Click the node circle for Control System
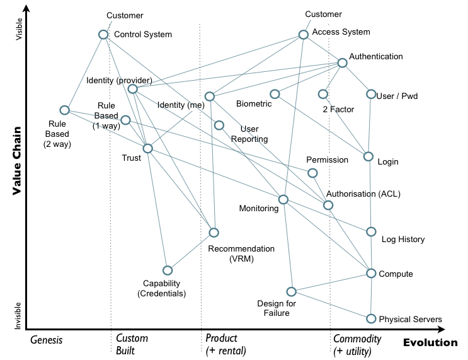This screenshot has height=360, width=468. (x=103, y=35)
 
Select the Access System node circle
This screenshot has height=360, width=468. (x=303, y=35)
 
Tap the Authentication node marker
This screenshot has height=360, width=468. (x=342, y=62)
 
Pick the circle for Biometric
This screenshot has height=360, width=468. (x=275, y=94)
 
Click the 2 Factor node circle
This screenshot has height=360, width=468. (x=322, y=94)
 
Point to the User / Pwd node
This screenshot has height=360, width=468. (x=371, y=95)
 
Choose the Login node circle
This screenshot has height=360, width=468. (x=369, y=156)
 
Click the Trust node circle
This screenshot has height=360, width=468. (x=147, y=149)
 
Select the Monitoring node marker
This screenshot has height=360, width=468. (x=283, y=199)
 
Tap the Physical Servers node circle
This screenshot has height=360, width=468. (x=372, y=318)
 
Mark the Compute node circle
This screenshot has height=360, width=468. (x=372, y=273)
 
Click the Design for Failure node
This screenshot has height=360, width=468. (x=291, y=291)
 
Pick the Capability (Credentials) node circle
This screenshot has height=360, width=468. (x=168, y=270)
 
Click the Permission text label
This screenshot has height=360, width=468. (x=327, y=160)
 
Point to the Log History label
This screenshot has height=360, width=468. (x=403, y=240)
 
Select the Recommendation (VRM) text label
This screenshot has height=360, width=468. (x=241, y=253)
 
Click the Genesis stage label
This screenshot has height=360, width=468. (x=47, y=340)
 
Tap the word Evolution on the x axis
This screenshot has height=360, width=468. (x=430, y=343)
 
